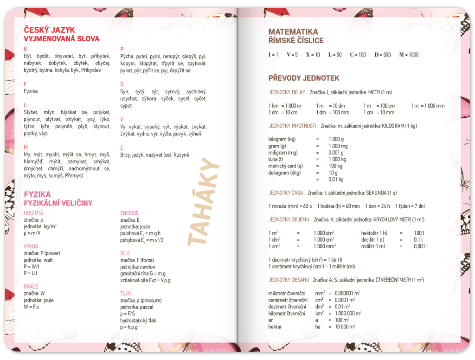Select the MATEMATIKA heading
tap(293, 32)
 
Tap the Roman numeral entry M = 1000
tap(409, 55)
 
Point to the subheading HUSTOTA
tap(33, 213)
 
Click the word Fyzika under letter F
tap(31, 91)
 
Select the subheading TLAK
tap(125, 293)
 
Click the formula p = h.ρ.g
tap(129, 327)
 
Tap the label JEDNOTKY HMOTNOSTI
tap(292, 126)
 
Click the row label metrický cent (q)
tap(285, 166)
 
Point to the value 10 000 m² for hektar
tap(342, 327)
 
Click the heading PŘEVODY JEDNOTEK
tap(304, 78)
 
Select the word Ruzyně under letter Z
tap(181, 155)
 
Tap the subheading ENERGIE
tap(129, 213)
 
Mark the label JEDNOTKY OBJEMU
tap(289, 219)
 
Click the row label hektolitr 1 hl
tap(374, 232)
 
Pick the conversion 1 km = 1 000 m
tap(285, 106)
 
